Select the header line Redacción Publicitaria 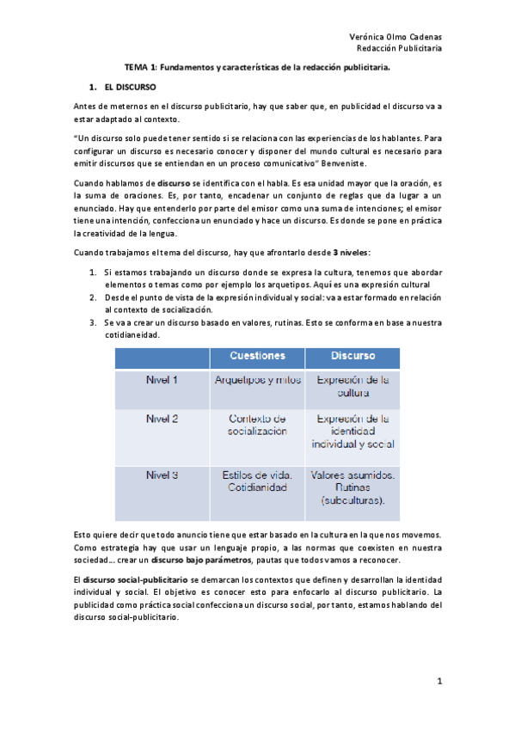pyautogui.click(x=400, y=49)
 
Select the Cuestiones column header pyautogui.click(x=257, y=355)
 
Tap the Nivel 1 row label pyautogui.click(x=162, y=379)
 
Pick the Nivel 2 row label pyautogui.click(x=162, y=419)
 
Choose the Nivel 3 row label pyautogui.click(x=162, y=475)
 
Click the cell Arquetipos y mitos pyautogui.click(x=257, y=379)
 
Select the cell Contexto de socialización pyautogui.click(x=257, y=425)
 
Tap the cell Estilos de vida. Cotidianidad pyautogui.click(x=257, y=481)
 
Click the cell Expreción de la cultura pyautogui.click(x=353, y=386)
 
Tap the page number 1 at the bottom pyautogui.click(x=438, y=682)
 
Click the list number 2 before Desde pyautogui.click(x=94, y=297)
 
